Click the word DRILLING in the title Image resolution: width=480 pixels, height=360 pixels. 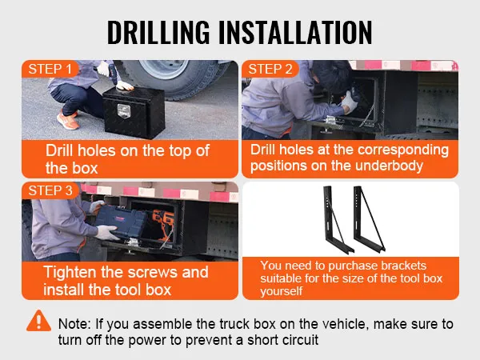click(158, 32)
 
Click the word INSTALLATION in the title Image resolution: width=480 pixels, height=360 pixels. click(295, 32)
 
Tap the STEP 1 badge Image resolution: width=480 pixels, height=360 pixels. click(50, 69)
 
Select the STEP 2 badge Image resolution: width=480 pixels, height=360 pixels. click(270, 69)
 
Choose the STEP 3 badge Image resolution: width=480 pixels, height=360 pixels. click(50, 190)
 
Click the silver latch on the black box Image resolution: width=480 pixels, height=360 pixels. click(123, 111)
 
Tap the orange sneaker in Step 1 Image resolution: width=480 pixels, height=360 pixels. click(68, 120)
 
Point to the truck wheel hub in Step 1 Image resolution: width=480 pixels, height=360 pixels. click(164, 68)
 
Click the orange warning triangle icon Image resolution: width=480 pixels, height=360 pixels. click(38, 321)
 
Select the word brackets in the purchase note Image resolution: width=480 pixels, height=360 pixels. click(402, 266)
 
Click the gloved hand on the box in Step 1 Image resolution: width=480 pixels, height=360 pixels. click(125, 86)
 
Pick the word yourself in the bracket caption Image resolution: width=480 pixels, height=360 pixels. click(282, 291)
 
